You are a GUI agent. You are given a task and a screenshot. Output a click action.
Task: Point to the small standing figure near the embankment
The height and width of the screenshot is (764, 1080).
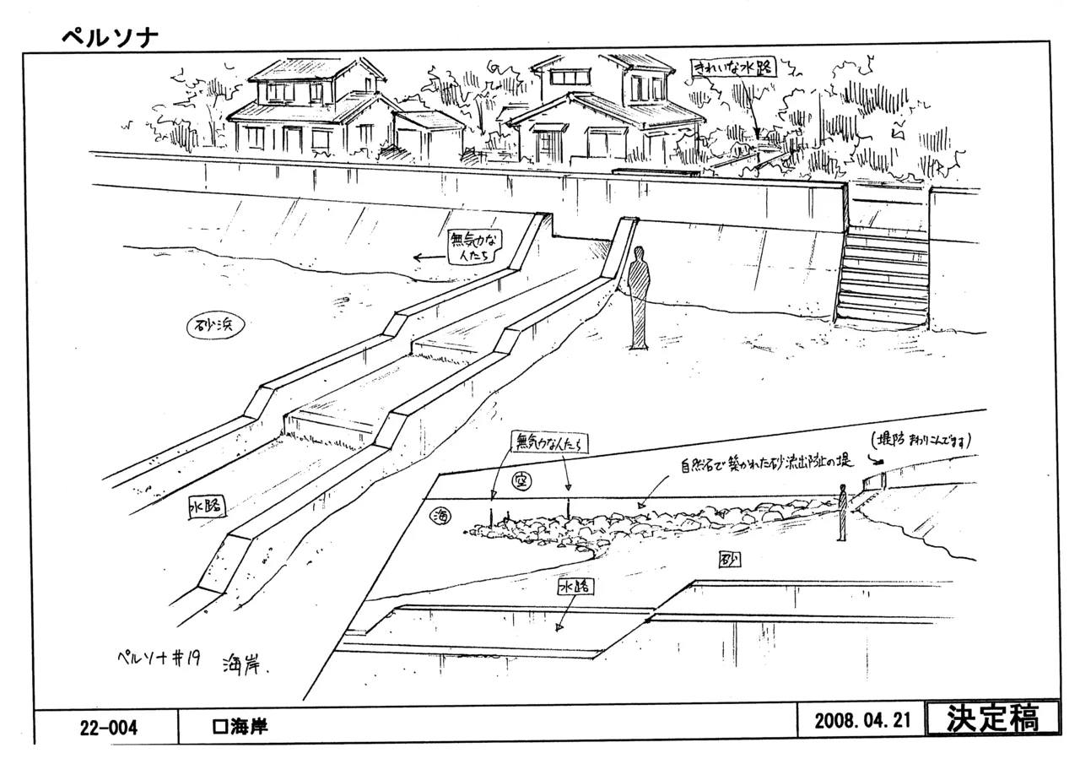coord(842,512)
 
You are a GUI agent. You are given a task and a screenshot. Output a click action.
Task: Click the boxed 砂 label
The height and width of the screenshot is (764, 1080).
coord(729,560)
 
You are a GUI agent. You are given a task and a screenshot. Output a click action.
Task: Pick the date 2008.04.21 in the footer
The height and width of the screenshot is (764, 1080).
coord(863,722)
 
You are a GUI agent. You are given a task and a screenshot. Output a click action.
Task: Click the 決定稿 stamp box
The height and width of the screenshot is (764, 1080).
coord(992,719)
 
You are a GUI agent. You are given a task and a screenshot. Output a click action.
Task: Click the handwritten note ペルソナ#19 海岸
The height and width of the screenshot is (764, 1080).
coord(194,661)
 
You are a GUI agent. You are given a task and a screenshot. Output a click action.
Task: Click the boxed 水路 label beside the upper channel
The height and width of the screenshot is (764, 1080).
coord(206,507)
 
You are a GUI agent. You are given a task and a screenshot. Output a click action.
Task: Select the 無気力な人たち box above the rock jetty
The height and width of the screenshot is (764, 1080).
coord(548,442)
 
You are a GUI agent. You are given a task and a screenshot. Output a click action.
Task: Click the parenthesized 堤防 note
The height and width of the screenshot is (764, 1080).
coord(922,440)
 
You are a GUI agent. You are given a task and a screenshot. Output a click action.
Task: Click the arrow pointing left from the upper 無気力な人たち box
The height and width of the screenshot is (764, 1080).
coord(429,258)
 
